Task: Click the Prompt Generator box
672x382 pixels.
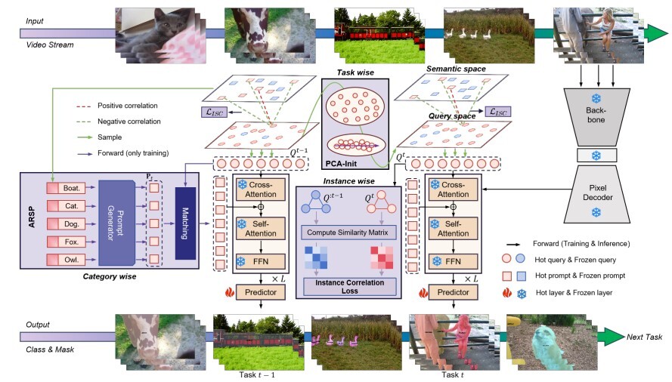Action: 116,223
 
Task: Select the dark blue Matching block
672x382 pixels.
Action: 184,223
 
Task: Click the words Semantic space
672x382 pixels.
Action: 456,69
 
